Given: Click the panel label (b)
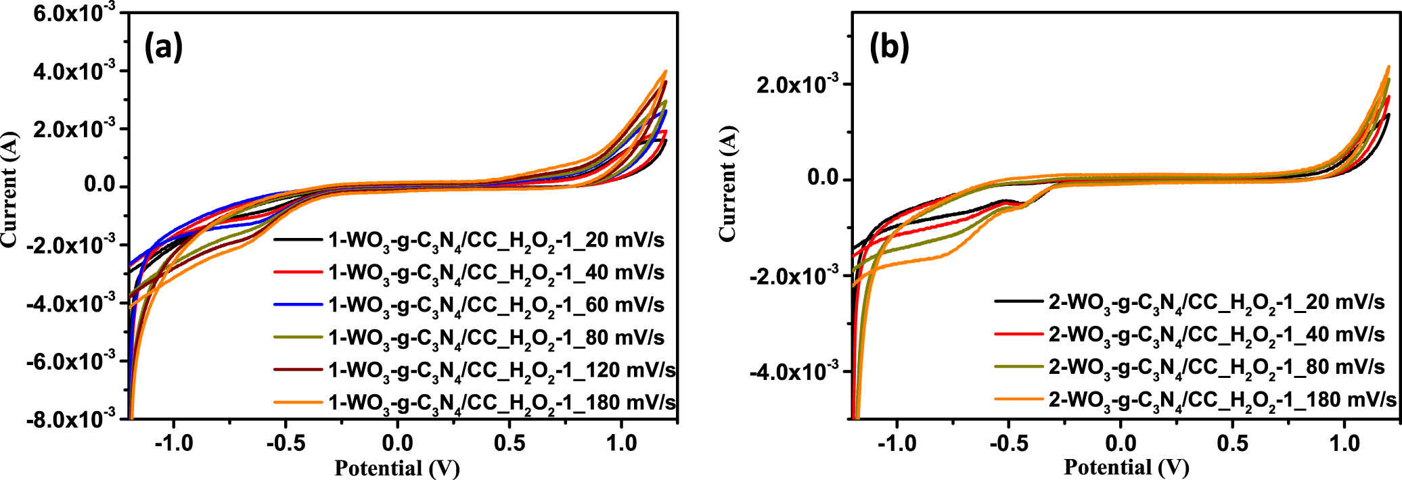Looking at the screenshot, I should coord(889,47).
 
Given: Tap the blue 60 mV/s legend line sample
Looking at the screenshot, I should coord(298,305).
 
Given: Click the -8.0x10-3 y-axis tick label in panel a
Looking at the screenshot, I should coord(71,419).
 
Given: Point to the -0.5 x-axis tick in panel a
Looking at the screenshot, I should coord(285,443).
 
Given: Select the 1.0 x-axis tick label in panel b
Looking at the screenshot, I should coord(1344,443).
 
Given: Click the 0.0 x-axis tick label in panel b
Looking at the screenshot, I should coord(1121,443).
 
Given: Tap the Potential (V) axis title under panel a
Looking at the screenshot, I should coord(397,468).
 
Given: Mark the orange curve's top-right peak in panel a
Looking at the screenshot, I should coord(666,71).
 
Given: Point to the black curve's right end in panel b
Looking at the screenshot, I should coord(1388,133).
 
